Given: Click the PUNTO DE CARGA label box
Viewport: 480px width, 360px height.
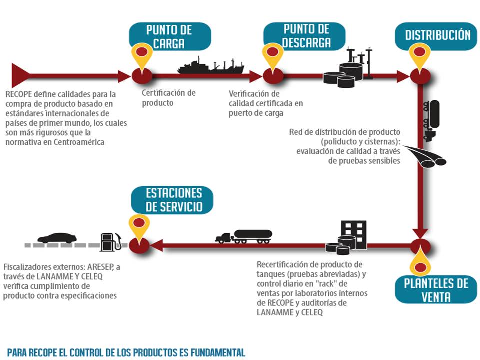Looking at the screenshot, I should (169, 36).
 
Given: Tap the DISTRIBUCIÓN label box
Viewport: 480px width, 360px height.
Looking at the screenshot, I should (438, 35).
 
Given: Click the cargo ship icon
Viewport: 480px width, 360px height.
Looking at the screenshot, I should (210, 66).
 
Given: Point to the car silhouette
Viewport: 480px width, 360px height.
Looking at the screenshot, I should (57, 238).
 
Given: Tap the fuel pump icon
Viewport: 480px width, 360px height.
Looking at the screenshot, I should (110, 242).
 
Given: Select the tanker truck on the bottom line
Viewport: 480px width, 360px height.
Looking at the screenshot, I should (244, 236).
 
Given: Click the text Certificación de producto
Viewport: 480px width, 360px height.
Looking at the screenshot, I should (168, 98).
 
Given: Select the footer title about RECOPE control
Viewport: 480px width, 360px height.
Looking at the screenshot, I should (126, 352).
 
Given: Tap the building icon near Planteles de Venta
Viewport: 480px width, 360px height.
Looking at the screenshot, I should (353, 233).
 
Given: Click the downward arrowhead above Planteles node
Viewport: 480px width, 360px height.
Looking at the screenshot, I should (421, 233).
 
